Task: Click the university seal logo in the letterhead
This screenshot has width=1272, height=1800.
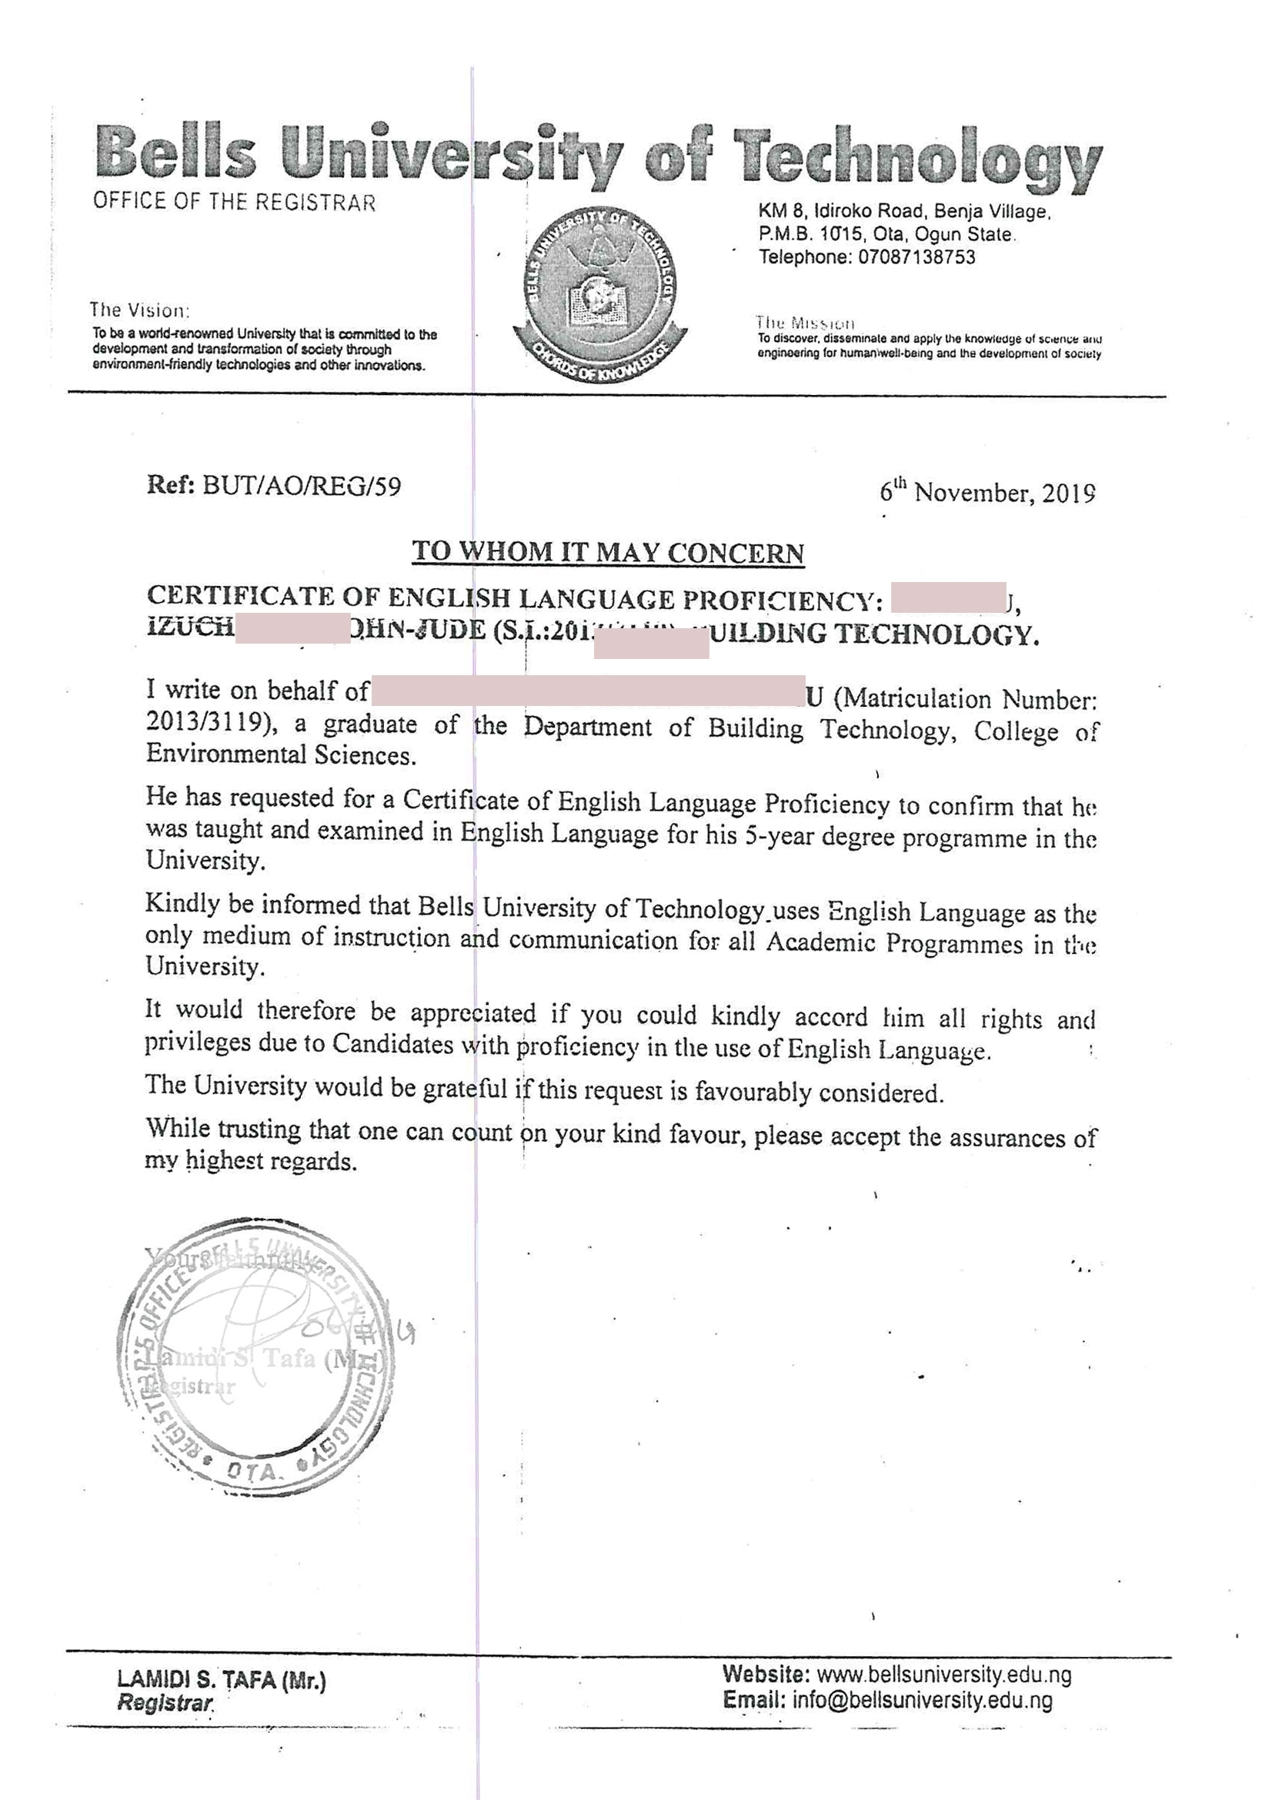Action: click(599, 294)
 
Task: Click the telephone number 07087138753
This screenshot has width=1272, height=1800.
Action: click(916, 257)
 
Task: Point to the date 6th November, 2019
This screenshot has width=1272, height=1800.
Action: click(987, 492)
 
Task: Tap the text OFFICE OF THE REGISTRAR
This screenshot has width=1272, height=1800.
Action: click(235, 202)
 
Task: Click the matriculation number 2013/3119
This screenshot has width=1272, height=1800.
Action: click(208, 721)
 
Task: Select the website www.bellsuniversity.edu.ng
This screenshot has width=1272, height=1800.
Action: click(943, 1675)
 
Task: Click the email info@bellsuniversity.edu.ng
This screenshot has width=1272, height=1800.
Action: click(922, 1701)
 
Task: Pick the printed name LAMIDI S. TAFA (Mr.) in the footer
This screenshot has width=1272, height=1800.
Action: click(221, 1679)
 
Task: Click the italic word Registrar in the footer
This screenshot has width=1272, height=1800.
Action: click(165, 1703)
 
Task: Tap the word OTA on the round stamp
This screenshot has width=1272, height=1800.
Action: click(252, 1471)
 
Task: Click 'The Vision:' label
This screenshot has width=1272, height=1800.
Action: click(139, 309)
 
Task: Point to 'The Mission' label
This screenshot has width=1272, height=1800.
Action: click(805, 323)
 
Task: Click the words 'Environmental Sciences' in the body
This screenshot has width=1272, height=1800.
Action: click(280, 755)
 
